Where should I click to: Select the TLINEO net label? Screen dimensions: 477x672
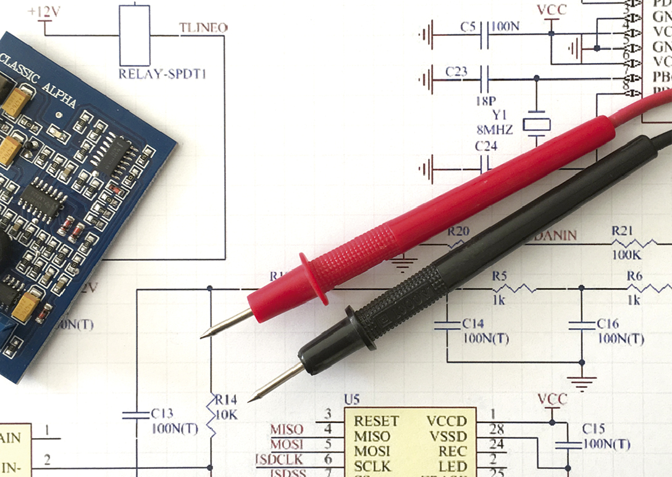[203, 28]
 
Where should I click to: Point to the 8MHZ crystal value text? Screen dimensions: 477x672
[495, 129]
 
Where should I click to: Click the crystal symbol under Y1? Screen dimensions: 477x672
[536, 124]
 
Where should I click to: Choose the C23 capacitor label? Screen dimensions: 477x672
[456, 72]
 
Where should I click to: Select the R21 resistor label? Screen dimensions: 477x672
[623, 230]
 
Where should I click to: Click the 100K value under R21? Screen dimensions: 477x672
[625, 255]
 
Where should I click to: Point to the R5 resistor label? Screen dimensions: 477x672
[499, 276]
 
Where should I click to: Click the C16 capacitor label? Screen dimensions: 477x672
[608, 323]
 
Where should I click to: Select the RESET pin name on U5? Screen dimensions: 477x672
[376, 421]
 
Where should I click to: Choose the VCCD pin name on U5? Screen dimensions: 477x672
[447, 421]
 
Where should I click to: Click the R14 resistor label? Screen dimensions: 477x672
[225, 399]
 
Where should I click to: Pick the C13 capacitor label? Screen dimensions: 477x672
[162, 413]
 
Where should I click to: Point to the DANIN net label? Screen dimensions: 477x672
[556, 235]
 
